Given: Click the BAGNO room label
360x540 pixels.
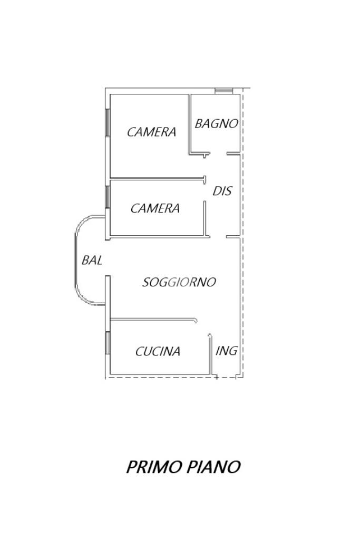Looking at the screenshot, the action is pyautogui.click(x=217, y=123).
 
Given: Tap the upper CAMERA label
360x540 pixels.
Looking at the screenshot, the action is pyautogui.click(x=151, y=132).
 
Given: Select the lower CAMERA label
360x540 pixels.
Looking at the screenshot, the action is pyautogui.click(x=155, y=208).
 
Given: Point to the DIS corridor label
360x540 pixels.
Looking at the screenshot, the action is pyautogui.click(x=222, y=191).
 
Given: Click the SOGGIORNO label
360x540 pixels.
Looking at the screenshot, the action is pyautogui.click(x=179, y=283).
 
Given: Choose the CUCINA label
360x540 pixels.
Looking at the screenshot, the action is pyautogui.click(x=158, y=352).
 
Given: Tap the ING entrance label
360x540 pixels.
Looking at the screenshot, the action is pyautogui.click(x=227, y=351).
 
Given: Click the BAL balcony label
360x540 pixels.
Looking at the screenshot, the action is pyautogui.click(x=92, y=261).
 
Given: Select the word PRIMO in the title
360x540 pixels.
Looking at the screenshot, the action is pyautogui.click(x=154, y=467).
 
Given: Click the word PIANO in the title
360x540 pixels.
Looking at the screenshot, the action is pyautogui.click(x=213, y=467).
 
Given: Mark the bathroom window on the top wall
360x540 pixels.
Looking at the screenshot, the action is pyautogui.click(x=224, y=91).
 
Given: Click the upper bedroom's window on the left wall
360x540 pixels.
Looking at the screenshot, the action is pyautogui.click(x=108, y=122).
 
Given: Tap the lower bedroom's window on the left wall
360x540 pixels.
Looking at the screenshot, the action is pyautogui.click(x=108, y=197).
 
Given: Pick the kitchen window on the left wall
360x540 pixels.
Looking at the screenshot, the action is pyautogui.click(x=108, y=343).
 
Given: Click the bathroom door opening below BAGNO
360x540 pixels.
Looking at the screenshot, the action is pyautogui.click(x=218, y=153).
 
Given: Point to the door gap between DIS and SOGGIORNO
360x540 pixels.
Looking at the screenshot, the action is pyautogui.click(x=218, y=237).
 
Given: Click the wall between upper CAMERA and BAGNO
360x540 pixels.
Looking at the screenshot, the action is pyautogui.click(x=189, y=124).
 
